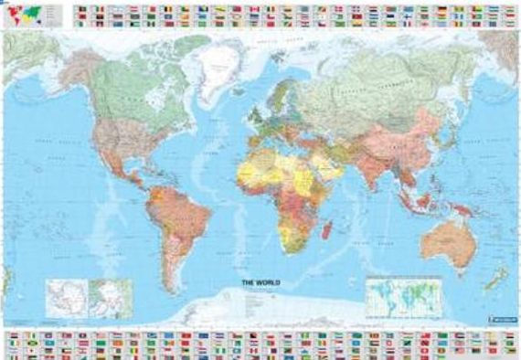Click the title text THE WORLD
259,284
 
